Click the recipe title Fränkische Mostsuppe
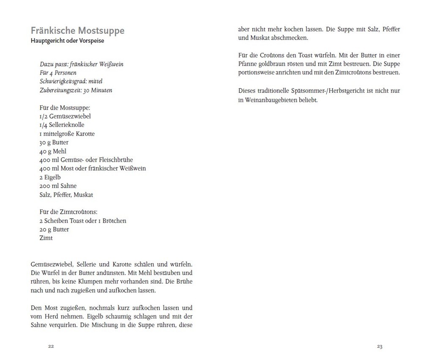77,31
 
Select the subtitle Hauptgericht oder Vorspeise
67,41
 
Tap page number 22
51,346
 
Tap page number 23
379,346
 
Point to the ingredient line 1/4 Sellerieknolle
62,125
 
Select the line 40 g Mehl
53,151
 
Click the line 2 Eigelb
50,177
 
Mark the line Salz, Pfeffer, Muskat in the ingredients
66,195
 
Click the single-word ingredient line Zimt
46,238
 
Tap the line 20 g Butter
54,229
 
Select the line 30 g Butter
54,143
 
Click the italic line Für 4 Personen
58,73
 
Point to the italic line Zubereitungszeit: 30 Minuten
76,90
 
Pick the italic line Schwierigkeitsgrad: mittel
71,81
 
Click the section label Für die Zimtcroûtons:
68,212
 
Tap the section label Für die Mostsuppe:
65,107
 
